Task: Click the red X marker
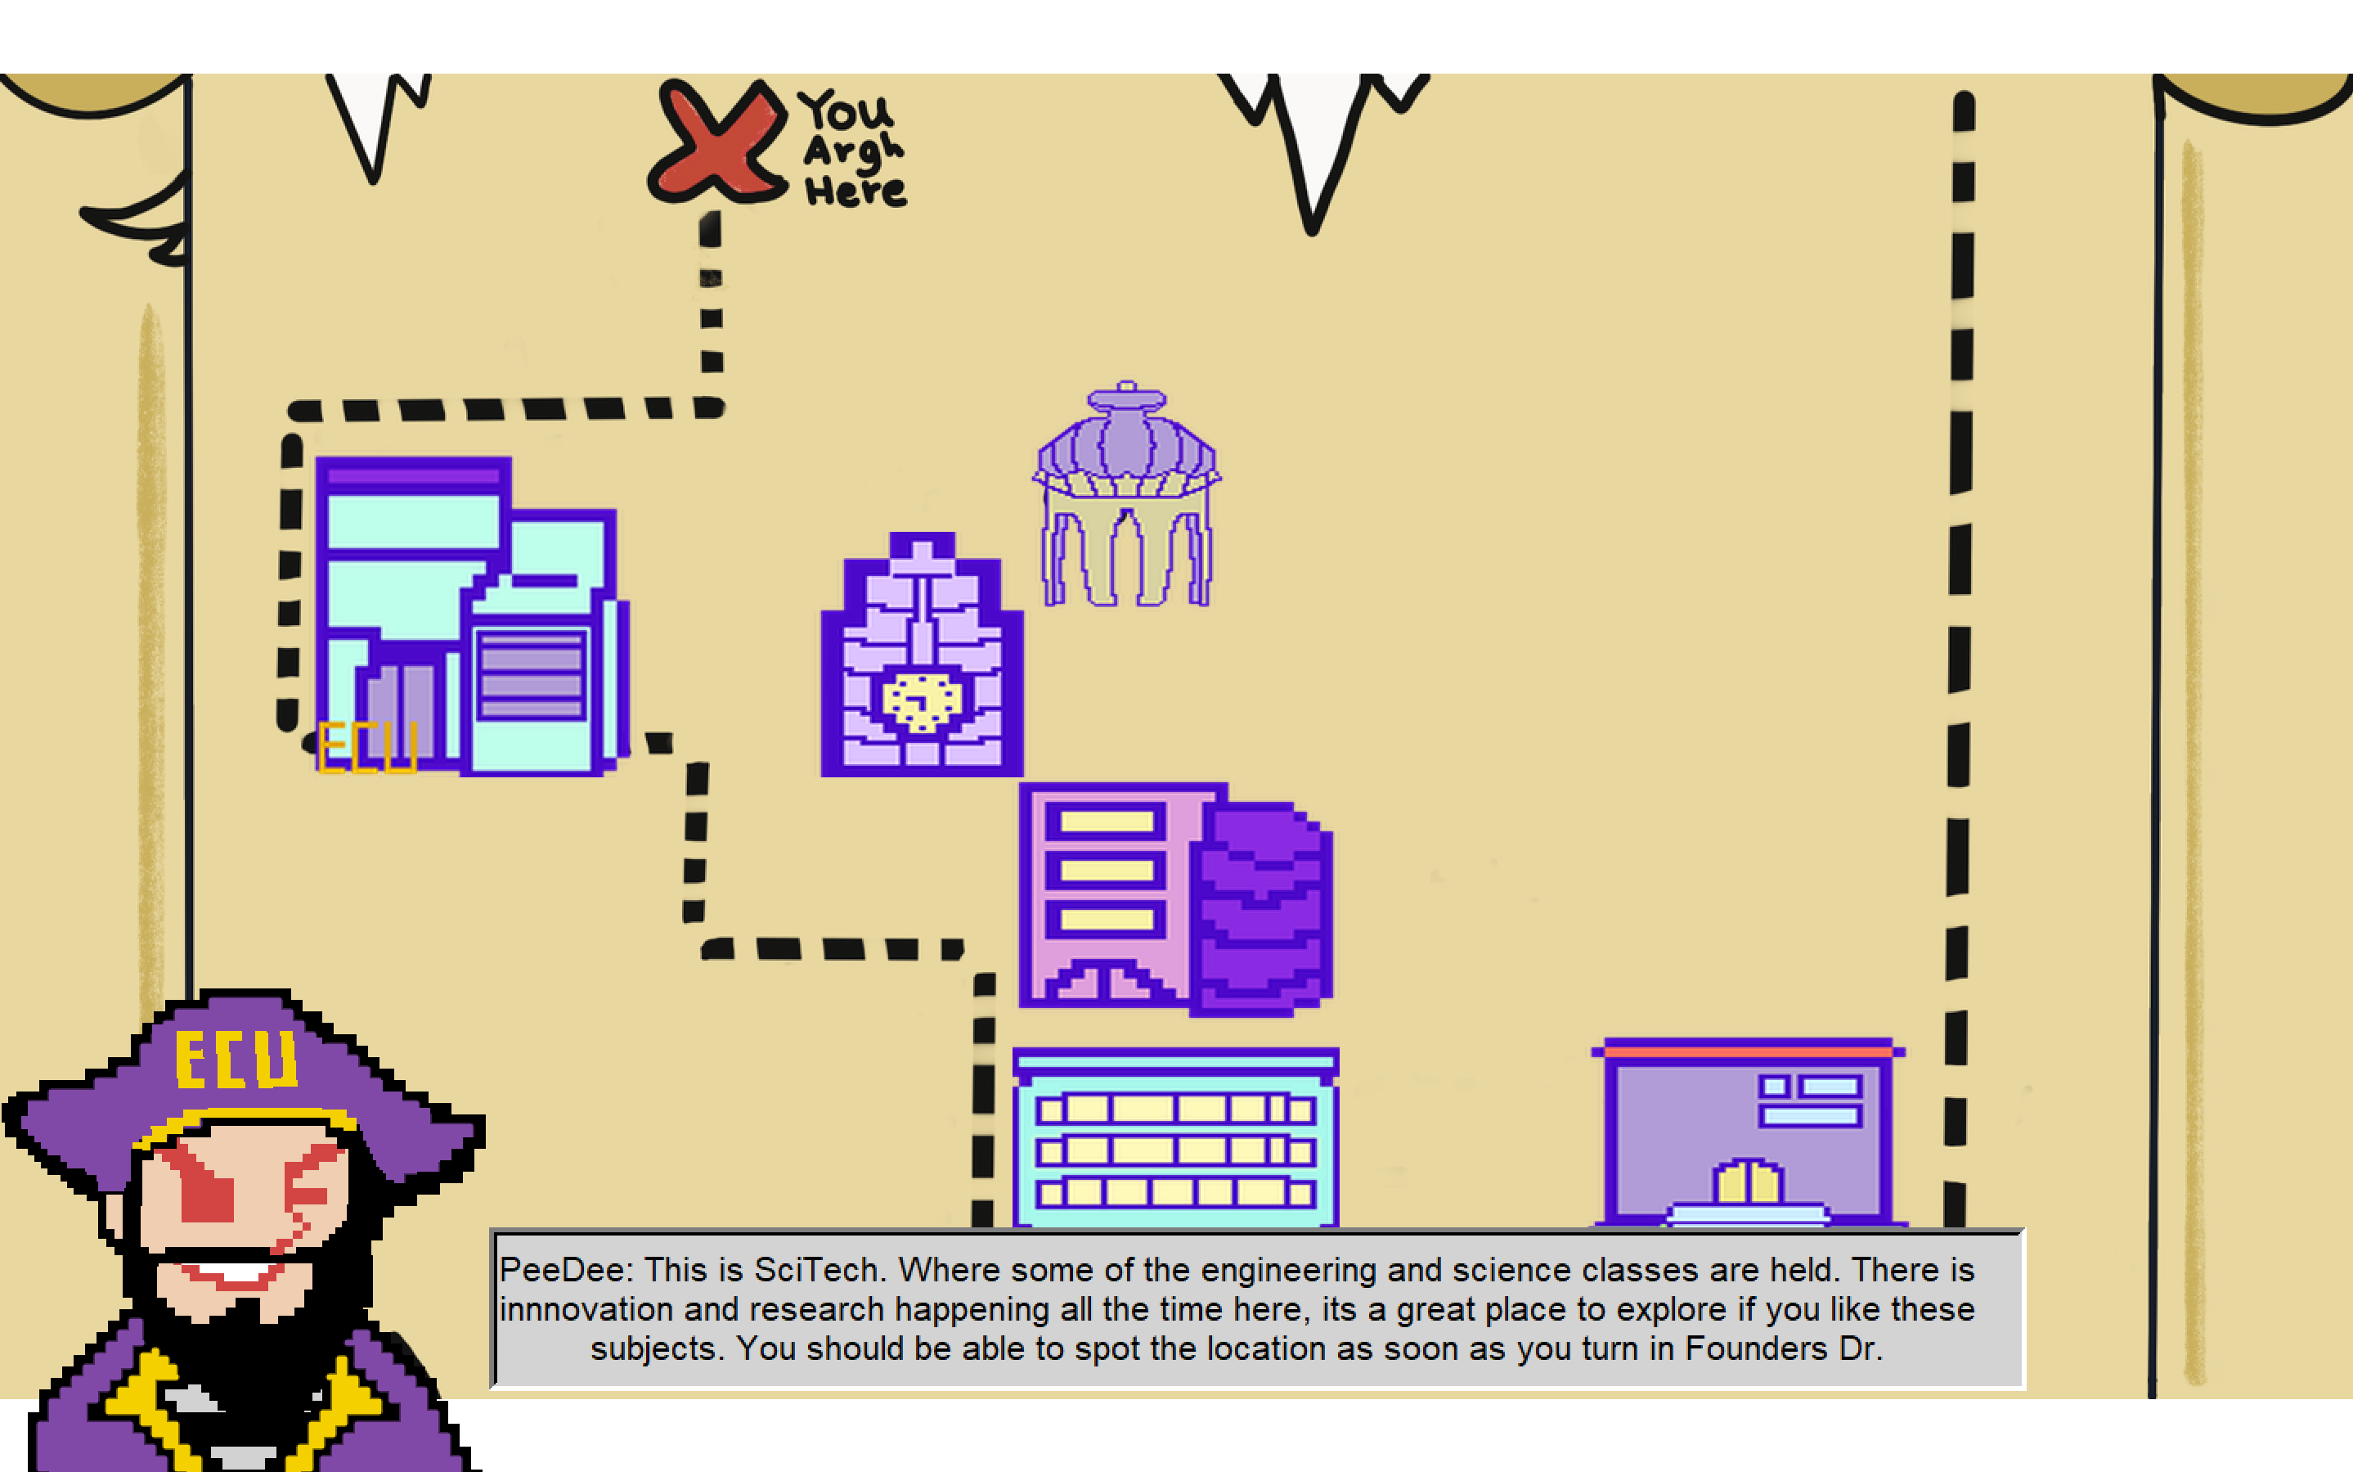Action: click(x=718, y=144)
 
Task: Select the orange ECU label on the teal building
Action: click(x=367, y=747)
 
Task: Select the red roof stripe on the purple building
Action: click(x=1748, y=1051)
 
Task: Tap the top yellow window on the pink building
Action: click(x=1107, y=822)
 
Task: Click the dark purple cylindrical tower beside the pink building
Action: click(x=1261, y=906)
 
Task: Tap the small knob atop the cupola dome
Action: click(x=1127, y=386)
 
